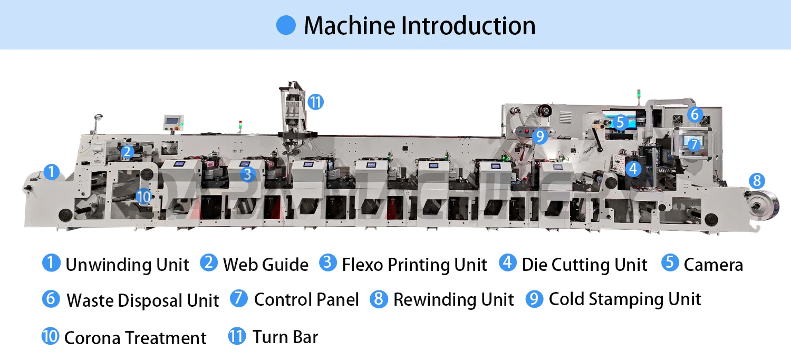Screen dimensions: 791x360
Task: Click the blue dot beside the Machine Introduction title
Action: pos(286,25)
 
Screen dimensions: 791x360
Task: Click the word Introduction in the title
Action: pos(468,25)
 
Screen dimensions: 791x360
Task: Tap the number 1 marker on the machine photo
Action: pos(51,172)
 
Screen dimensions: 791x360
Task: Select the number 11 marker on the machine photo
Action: pos(315,102)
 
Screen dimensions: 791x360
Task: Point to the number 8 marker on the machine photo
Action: pos(757,181)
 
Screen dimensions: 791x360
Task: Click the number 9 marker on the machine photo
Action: pos(539,136)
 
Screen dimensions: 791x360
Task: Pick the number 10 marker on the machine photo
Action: pos(143,197)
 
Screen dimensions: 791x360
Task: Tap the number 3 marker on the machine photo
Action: pos(248,174)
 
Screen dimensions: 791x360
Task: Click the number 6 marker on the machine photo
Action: pos(694,114)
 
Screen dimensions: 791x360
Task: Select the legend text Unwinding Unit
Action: pos(127,265)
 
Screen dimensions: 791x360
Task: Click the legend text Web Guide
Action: pos(265,264)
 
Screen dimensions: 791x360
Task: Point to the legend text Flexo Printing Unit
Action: pos(414,265)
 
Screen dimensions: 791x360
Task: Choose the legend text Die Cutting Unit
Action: pos(584,265)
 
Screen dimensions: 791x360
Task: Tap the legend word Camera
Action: pos(713,265)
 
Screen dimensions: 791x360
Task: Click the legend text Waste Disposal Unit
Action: pos(142,300)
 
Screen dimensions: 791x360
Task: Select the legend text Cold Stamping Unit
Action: pos(625,299)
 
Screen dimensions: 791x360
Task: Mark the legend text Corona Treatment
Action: pos(135,338)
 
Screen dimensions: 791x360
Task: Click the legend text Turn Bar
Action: pos(285,337)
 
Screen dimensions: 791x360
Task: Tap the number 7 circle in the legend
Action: pos(239,299)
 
